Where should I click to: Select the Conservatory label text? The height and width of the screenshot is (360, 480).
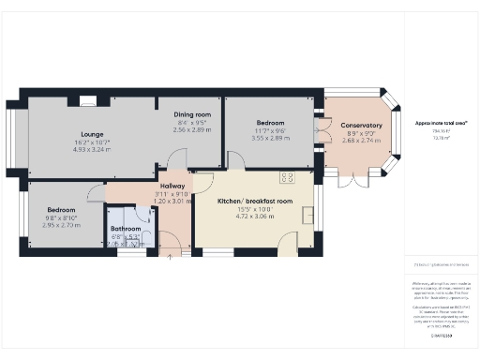click(361, 126)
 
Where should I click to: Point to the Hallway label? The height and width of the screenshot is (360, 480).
click(172, 186)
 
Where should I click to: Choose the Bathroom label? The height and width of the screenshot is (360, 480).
click(126, 228)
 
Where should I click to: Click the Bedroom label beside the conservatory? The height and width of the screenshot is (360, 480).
click(271, 122)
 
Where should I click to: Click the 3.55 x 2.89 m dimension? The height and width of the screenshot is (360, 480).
click(271, 137)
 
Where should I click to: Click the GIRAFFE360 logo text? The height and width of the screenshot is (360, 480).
click(441, 335)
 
